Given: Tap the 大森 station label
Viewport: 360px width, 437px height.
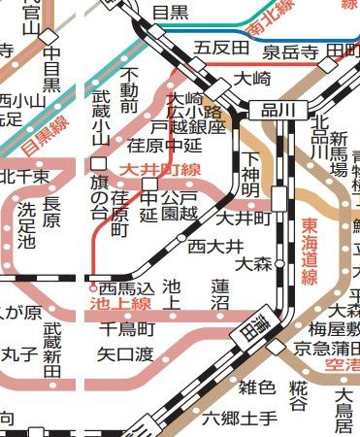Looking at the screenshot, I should [x=253, y=263].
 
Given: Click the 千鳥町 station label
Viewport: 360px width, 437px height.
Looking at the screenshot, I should [x=126, y=329].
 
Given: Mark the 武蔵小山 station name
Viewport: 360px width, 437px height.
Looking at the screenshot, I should [x=101, y=118].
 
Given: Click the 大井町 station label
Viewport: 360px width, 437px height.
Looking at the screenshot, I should [x=244, y=218].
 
